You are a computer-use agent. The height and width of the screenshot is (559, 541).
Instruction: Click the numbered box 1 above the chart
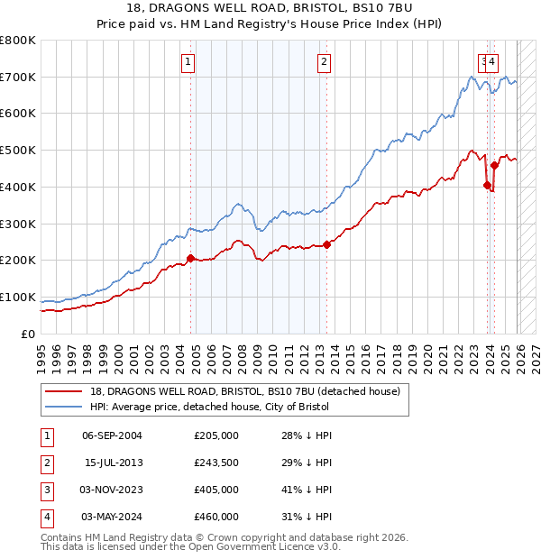188,62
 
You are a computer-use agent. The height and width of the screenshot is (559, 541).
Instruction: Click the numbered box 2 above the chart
323,62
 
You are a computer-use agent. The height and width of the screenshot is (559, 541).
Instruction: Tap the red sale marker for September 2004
190,259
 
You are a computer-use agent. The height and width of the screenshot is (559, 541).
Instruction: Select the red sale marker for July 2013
326,244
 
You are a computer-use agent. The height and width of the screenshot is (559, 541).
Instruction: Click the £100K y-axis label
18,297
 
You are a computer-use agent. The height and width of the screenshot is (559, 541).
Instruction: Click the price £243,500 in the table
215,463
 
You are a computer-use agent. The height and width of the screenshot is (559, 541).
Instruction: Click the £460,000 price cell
215,517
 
